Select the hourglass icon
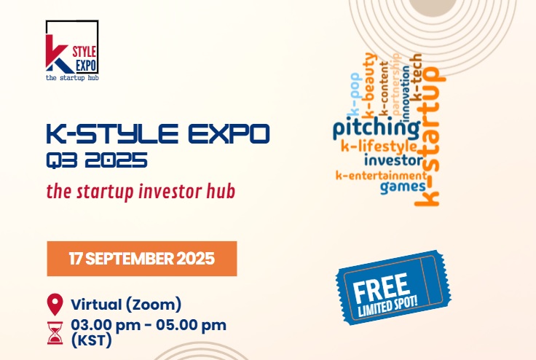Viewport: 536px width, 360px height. coord(55,331)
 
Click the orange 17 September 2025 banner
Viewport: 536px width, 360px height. coord(142,258)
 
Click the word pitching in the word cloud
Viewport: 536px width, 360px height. coord(376,130)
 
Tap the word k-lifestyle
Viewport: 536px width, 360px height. coord(379,146)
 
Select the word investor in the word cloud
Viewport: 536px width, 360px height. coord(393,160)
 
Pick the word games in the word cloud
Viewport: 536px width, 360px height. coord(402,187)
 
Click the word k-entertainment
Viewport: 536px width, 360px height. coord(380,175)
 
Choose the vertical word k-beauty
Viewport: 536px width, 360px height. coord(371,86)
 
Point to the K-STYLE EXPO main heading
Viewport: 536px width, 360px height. coord(157,134)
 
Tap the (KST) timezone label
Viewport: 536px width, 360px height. coord(92,339)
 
